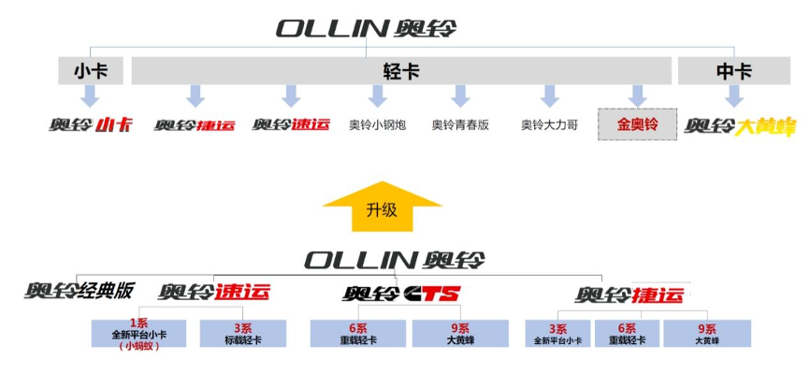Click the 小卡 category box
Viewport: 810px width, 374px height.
[x=91, y=71]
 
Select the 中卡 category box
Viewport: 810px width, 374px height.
[x=734, y=71]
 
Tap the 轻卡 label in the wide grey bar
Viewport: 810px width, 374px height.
[x=401, y=71]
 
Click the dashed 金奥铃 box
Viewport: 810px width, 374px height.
[x=637, y=124]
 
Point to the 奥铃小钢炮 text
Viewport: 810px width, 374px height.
[x=377, y=124]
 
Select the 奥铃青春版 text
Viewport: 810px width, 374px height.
[x=460, y=124]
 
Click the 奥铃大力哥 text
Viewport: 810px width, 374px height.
[x=549, y=124]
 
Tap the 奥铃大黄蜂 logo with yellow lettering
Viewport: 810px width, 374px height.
[x=739, y=124]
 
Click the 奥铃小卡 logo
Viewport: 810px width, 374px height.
[x=91, y=124]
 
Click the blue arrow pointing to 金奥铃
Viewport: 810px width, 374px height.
[x=637, y=95]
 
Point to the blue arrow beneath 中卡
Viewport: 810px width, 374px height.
[x=734, y=95]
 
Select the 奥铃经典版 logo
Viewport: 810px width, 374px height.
[x=80, y=291]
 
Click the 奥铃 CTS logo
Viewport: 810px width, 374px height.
[x=401, y=295]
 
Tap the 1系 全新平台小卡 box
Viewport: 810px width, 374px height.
[x=140, y=334]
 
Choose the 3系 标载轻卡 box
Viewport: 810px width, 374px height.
[x=243, y=334]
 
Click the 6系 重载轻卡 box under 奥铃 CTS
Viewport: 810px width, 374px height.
[x=358, y=334]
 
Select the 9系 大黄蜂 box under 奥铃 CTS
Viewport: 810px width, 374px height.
[x=460, y=334]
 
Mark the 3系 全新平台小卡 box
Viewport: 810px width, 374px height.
[x=557, y=334]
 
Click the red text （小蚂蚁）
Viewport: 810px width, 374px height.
[x=140, y=346]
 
